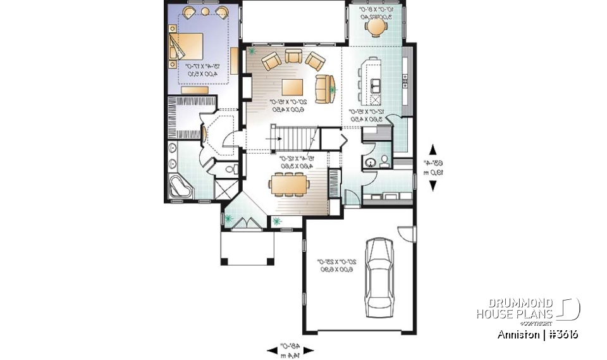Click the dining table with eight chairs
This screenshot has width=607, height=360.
288,185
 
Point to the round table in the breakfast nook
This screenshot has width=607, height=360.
377,28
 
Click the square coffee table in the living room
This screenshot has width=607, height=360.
292,87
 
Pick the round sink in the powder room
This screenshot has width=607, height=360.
369,163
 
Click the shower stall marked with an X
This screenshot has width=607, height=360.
224,189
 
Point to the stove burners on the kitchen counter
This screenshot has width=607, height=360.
404,82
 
